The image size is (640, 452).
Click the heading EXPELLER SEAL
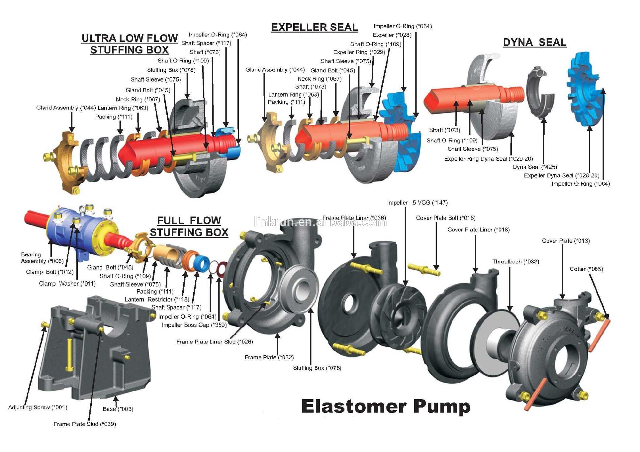click(x=314, y=28)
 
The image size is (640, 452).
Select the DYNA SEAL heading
click(x=534, y=42)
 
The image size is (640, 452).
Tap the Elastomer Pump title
click(x=386, y=407)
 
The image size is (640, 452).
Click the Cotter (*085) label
click(x=586, y=269)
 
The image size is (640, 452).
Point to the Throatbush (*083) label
click(x=516, y=262)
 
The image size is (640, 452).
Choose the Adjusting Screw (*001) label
click(x=38, y=408)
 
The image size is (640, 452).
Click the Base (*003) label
click(x=118, y=409)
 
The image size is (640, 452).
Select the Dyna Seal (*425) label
click(x=535, y=167)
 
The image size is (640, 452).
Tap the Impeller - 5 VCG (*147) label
click(x=417, y=203)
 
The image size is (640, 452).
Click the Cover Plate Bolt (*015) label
click(x=445, y=218)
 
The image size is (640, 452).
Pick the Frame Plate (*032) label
click(x=269, y=358)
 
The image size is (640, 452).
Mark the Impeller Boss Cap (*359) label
click(x=194, y=325)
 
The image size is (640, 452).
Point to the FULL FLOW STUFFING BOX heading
click(x=189, y=226)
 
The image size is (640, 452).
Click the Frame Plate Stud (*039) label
click(x=84, y=424)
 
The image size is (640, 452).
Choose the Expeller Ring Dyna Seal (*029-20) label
click(x=488, y=159)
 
